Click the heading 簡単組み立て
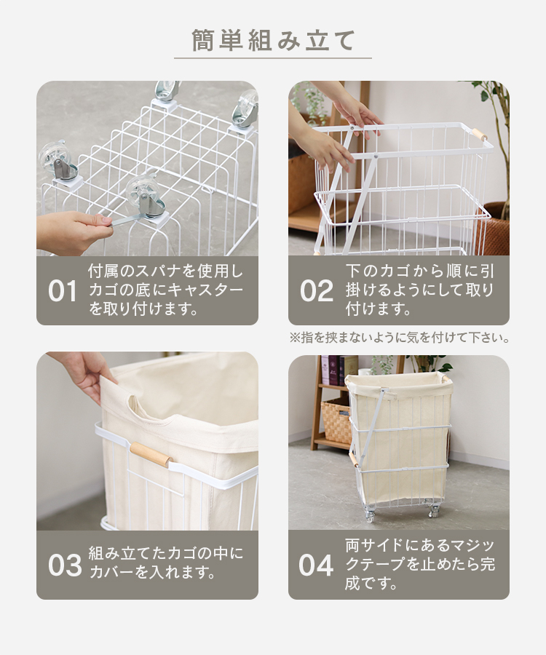(273, 41)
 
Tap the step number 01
(63, 290)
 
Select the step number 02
(317, 290)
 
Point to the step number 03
(65, 565)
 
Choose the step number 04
(316, 565)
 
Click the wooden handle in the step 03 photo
(151, 454)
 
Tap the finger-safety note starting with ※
(400, 338)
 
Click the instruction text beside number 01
(166, 290)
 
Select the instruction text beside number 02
(420, 290)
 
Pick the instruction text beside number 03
(166, 563)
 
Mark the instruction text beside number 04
(420, 564)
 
